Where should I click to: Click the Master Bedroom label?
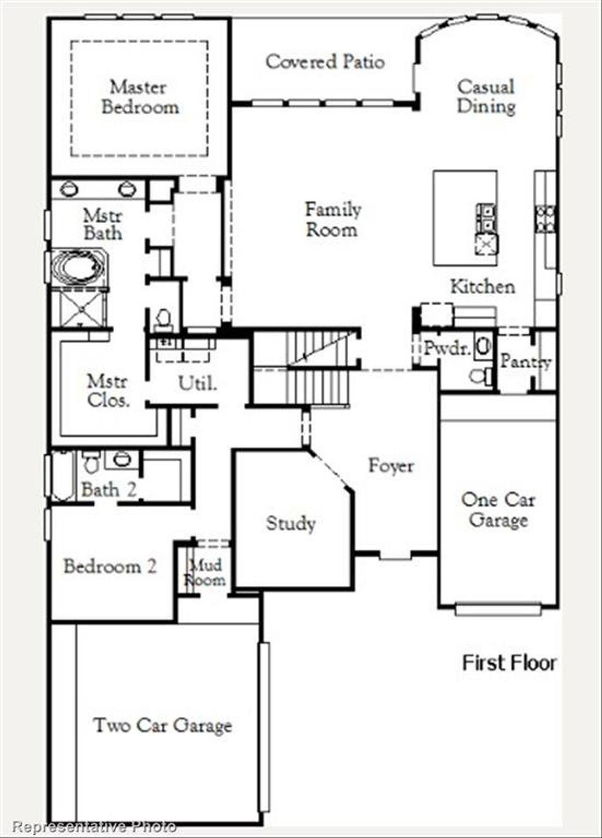(x=140, y=97)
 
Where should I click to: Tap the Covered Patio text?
(x=325, y=62)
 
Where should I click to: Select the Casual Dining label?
(x=486, y=96)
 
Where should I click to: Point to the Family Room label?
(x=333, y=219)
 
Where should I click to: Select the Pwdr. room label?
(x=446, y=349)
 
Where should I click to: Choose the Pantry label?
(x=525, y=361)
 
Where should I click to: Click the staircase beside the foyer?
(x=306, y=366)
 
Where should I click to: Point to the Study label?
(x=291, y=523)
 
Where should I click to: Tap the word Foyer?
(x=391, y=466)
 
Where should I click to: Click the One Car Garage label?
(x=498, y=510)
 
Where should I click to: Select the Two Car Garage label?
(x=163, y=726)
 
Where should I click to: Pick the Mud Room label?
(x=205, y=573)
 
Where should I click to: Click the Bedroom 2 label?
(x=110, y=566)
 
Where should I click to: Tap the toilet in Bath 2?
(x=91, y=462)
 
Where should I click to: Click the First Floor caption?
(x=509, y=663)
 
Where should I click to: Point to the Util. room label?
(x=198, y=384)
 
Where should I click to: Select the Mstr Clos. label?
(x=108, y=391)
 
